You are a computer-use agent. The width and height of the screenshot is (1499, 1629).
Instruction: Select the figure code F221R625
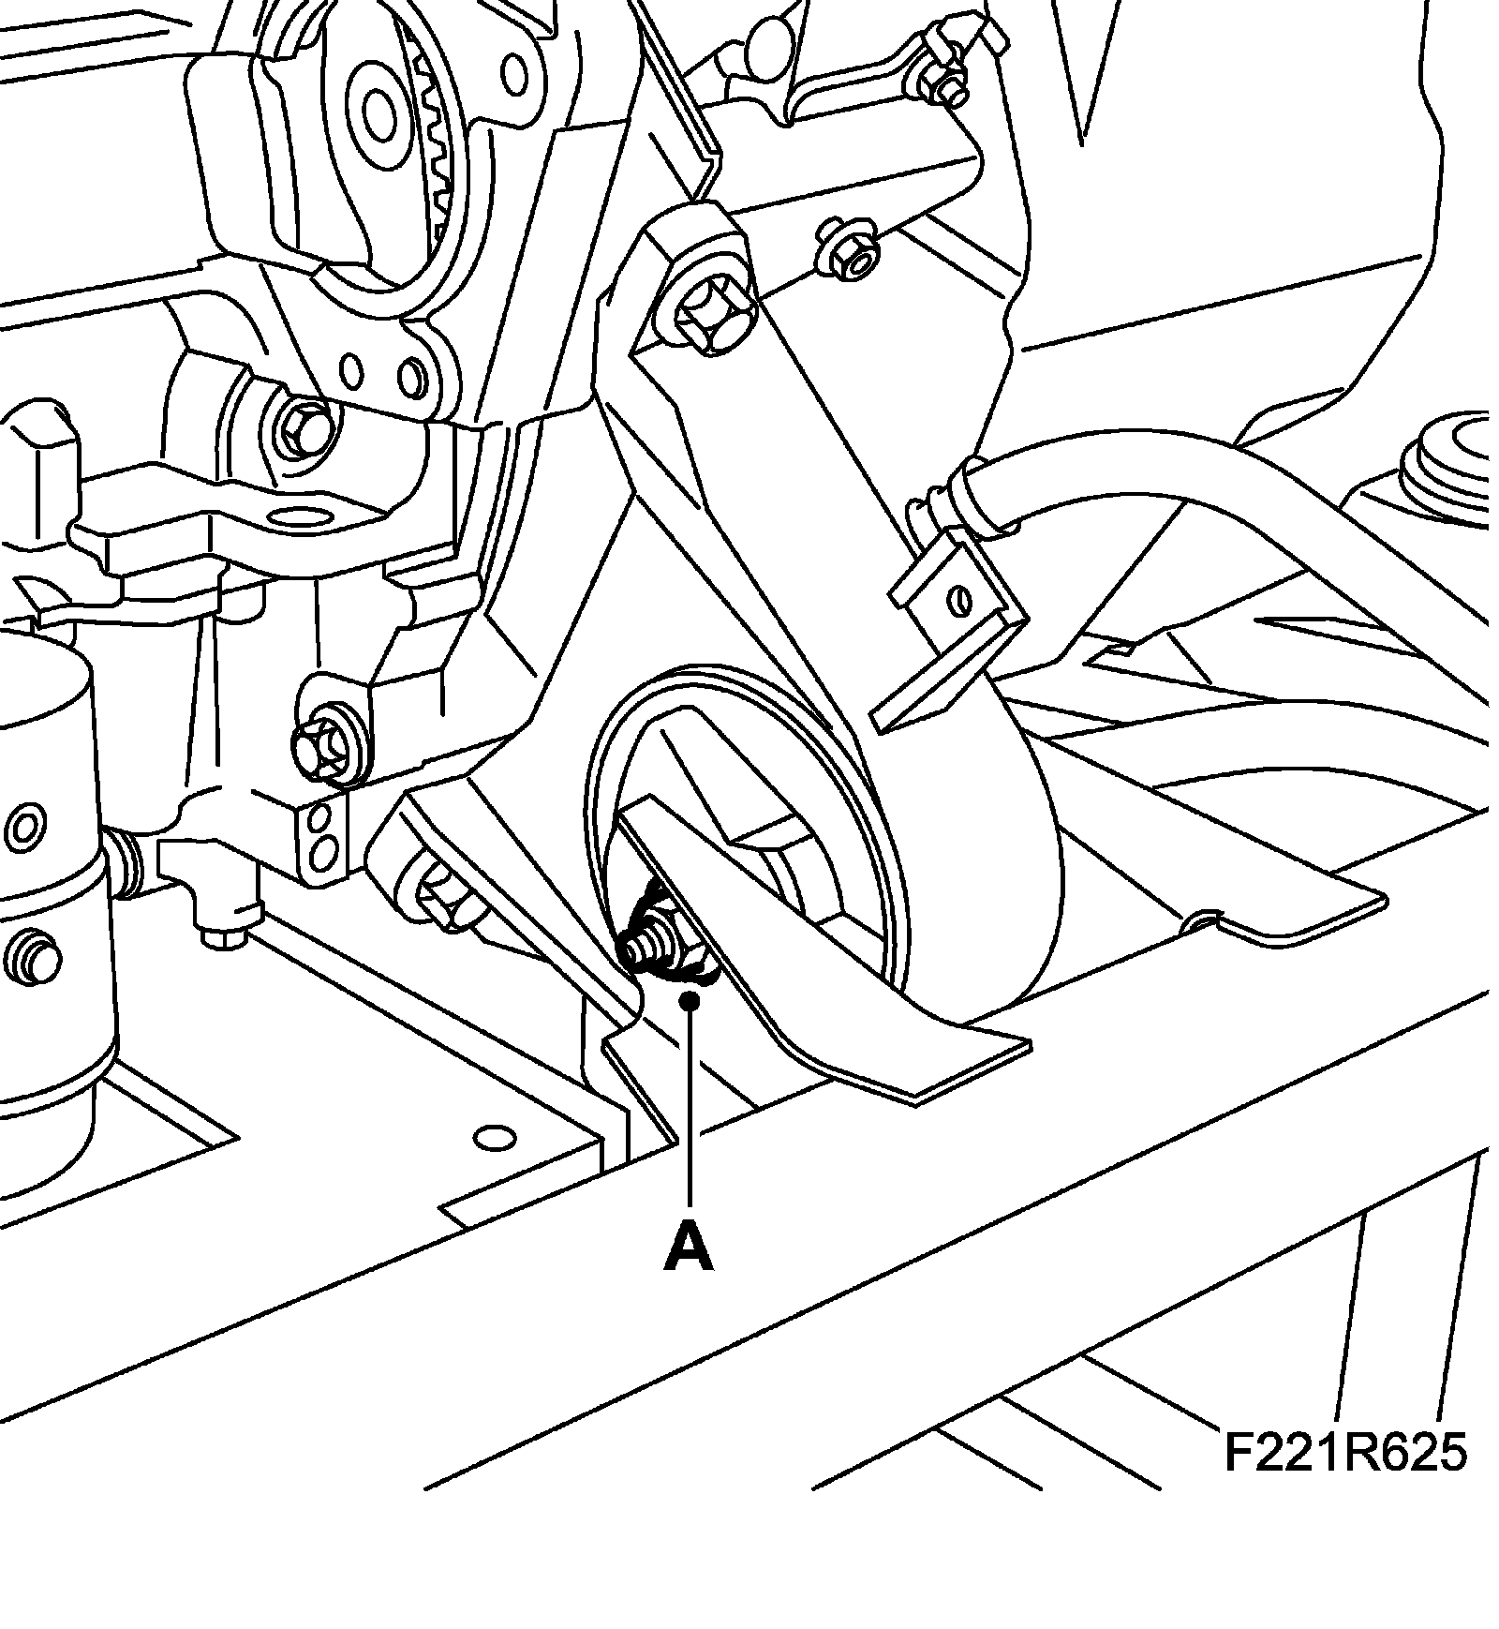1344,1479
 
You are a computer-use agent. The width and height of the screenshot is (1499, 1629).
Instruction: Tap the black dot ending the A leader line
690,1002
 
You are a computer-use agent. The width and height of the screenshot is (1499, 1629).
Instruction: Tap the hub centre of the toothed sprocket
380,115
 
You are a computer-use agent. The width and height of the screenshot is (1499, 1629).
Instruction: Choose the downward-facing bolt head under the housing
223,935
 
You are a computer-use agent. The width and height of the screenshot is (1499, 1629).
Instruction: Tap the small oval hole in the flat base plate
496,1138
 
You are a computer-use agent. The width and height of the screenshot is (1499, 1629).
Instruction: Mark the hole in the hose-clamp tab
958,598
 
